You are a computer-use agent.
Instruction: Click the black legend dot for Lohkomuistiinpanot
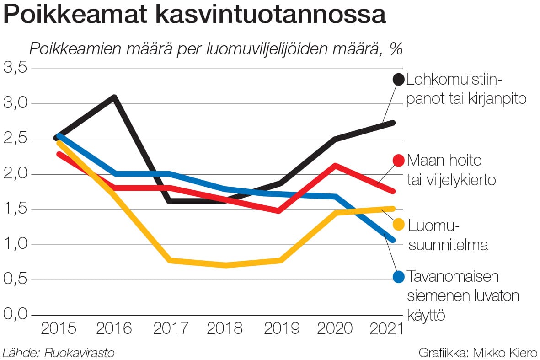(x=399, y=79)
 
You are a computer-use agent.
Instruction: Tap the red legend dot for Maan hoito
(x=399, y=160)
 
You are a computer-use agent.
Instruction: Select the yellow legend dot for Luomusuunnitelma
(x=399, y=224)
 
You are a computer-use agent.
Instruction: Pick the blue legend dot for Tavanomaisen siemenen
(x=399, y=276)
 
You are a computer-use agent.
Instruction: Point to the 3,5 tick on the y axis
(x=16, y=68)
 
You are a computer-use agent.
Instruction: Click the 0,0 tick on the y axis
(x=16, y=315)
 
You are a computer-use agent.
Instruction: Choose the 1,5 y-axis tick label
(x=16, y=209)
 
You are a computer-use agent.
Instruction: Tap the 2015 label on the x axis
(x=59, y=328)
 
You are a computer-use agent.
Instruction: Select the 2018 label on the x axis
(x=224, y=328)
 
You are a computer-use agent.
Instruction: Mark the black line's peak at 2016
(x=114, y=97)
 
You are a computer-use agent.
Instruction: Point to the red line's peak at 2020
(x=336, y=165)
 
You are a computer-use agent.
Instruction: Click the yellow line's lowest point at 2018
(x=225, y=265)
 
